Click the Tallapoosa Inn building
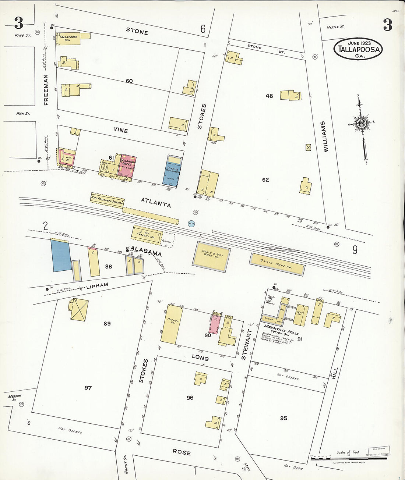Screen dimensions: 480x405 68,39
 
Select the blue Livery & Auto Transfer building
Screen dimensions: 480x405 173,173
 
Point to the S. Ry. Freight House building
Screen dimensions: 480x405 147,235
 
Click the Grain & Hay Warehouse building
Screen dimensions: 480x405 212,256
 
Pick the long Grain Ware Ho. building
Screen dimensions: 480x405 277,264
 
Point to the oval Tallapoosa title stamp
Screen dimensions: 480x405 358,49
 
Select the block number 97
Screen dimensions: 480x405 88,388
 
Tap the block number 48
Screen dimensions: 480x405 270,96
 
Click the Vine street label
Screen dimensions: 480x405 121,131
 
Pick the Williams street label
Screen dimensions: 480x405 324,137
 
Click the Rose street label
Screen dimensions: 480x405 182,452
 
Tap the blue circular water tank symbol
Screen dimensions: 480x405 191,223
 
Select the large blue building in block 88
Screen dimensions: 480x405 61,255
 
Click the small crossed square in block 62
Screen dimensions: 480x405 309,147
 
